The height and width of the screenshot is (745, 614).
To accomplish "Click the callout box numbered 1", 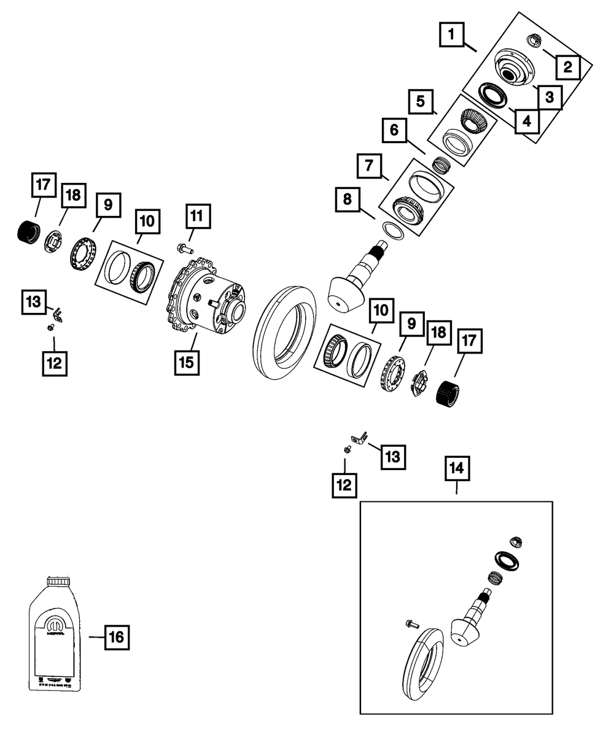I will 451,35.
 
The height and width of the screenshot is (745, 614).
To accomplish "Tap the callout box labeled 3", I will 549,96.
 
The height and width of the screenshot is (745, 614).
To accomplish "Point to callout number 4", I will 526,121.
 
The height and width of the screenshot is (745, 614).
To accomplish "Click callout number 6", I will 394,130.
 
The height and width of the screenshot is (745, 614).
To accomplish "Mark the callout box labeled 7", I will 368,165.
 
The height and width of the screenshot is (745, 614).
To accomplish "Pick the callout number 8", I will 348,201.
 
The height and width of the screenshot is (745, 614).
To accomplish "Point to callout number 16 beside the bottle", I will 117,638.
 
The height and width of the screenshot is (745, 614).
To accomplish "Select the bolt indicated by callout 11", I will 184,249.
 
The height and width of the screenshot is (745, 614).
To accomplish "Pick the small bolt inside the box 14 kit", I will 412,624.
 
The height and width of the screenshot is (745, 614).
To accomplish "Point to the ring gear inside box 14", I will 424,663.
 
